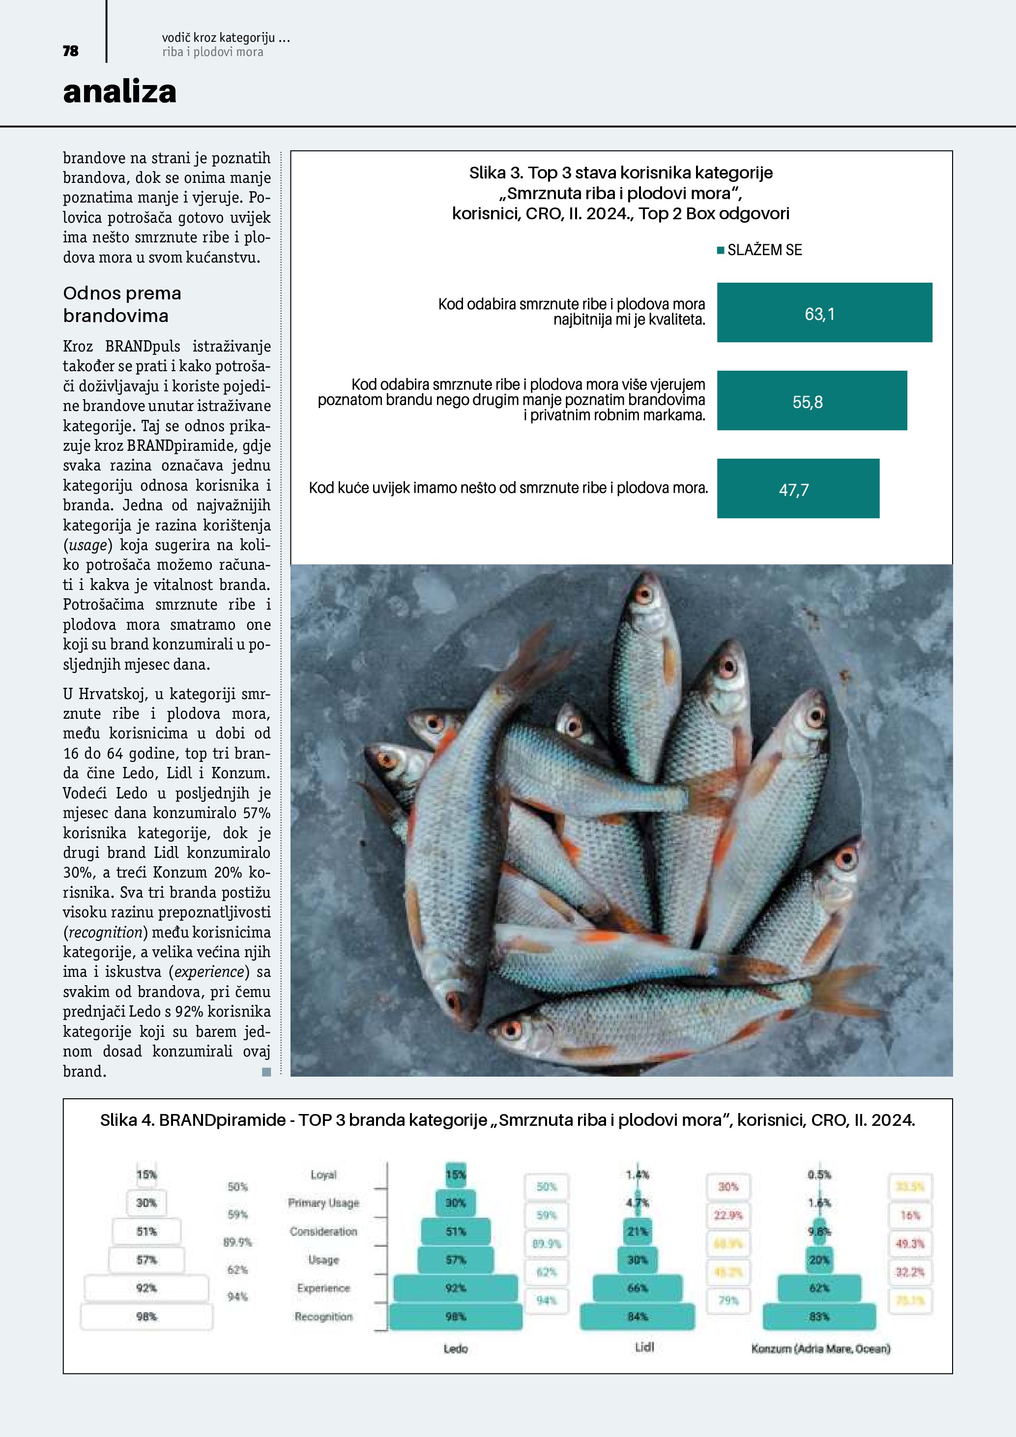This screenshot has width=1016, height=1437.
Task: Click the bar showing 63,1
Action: click(824, 312)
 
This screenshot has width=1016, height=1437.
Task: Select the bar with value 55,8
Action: click(812, 401)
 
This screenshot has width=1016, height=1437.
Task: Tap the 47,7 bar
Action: click(798, 489)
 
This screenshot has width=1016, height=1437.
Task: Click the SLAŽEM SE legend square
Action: click(720, 250)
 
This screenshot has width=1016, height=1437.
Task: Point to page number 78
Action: click(71, 51)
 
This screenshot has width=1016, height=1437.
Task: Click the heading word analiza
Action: click(119, 91)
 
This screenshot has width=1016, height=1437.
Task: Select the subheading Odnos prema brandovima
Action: click(122, 304)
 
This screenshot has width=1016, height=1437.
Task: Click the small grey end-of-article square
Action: click(266, 1072)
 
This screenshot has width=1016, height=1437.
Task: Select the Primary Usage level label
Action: click(323, 1203)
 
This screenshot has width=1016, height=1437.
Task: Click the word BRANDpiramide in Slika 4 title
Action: click(222, 1120)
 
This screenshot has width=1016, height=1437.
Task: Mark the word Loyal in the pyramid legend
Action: click(323, 1175)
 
